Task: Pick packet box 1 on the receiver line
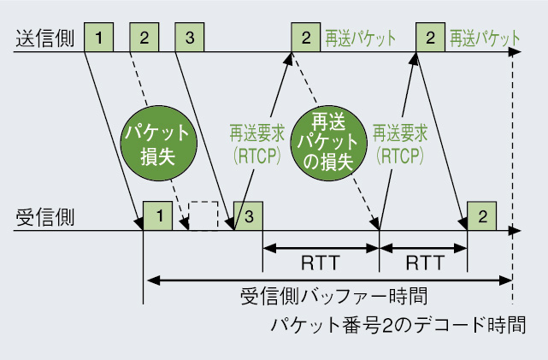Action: (158, 215)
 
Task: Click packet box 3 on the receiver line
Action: (248, 215)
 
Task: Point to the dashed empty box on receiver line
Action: (203, 215)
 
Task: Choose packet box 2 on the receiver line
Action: (483, 215)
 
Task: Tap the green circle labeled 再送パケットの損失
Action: (322, 142)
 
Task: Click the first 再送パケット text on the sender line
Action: (360, 38)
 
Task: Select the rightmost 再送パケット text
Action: (485, 38)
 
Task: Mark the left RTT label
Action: (320, 261)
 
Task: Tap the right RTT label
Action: (424, 261)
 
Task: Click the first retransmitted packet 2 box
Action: (304, 38)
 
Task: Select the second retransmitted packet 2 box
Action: (429, 38)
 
